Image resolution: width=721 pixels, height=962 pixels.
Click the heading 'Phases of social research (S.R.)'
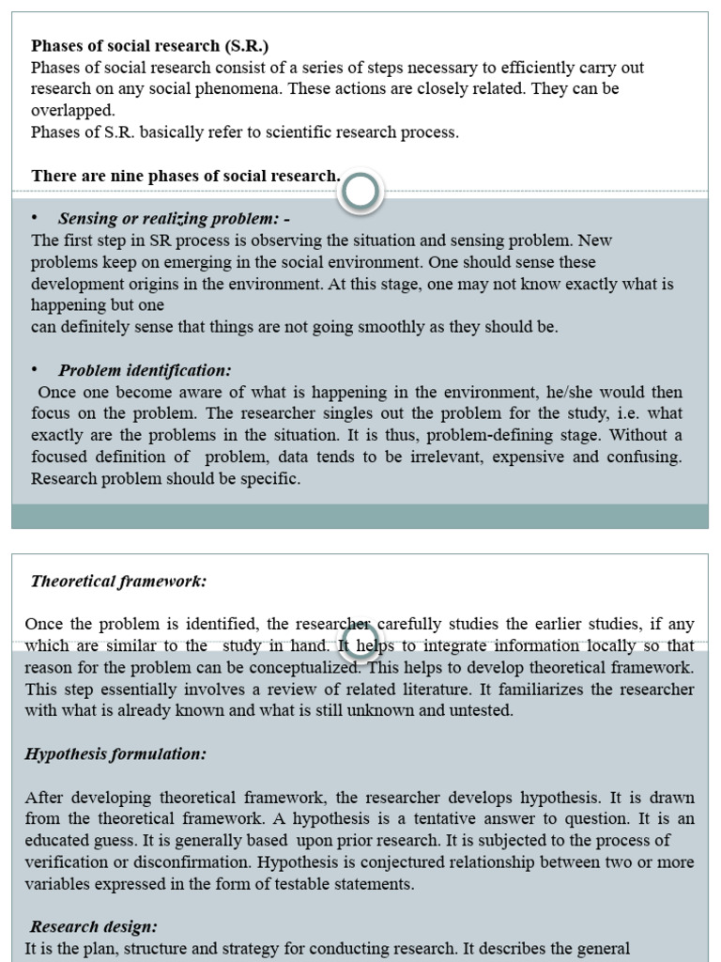(x=150, y=45)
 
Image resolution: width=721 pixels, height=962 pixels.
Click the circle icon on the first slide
(x=360, y=192)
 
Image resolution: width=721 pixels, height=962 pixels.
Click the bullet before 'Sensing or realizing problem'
(x=35, y=218)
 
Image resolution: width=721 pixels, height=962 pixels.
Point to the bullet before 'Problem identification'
(x=35, y=369)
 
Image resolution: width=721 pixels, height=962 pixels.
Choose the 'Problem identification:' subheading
(x=145, y=370)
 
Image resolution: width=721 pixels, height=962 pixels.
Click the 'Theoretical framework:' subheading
(x=118, y=581)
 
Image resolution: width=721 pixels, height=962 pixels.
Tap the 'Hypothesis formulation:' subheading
(x=115, y=753)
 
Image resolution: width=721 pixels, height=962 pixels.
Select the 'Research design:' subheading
(x=94, y=926)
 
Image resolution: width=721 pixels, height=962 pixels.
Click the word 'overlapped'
(x=71, y=110)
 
